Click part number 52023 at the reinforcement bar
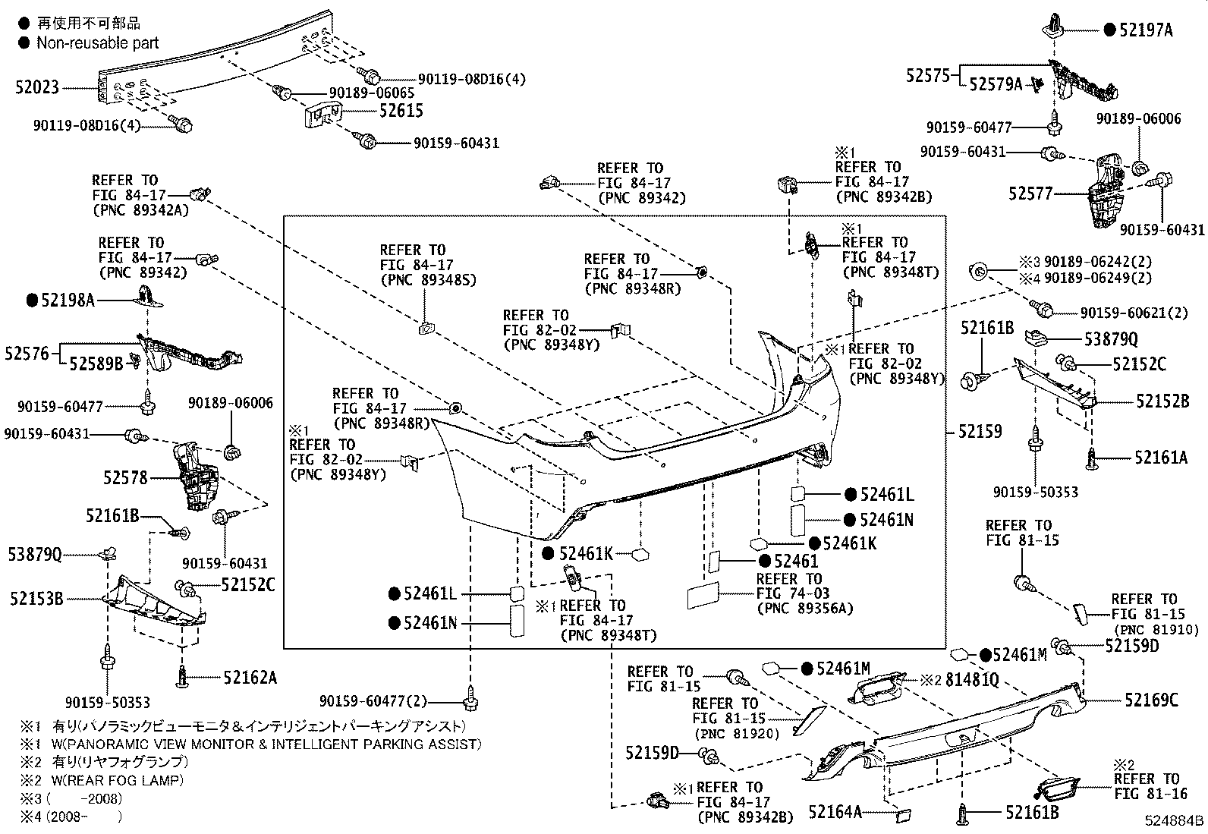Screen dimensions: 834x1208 tap(36, 87)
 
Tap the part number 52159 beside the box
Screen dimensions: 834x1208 tap(980, 432)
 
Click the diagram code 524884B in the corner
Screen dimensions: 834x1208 tap(1175, 821)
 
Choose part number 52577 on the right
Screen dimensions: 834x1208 tap(1030, 194)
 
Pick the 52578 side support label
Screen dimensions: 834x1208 tap(126, 478)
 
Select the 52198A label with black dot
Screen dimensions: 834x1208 tap(68, 301)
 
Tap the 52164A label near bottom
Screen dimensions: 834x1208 tap(835, 813)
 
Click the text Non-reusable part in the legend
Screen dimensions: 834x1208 tap(98, 43)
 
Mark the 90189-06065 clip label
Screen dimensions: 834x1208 tap(371, 93)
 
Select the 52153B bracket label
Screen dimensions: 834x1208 tap(37, 599)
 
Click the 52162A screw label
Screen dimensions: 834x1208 tap(250, 677)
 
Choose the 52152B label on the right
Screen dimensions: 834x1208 tap(1162, 401)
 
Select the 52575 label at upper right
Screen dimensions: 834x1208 tap(928, 75)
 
